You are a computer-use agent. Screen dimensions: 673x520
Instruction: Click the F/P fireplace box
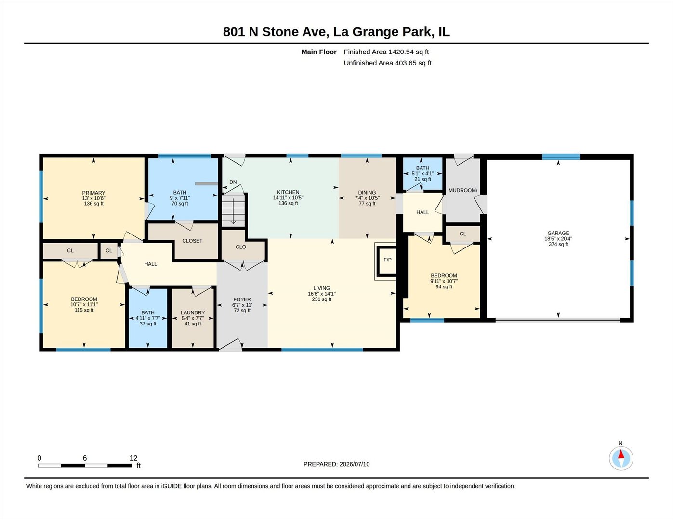click(387, 261)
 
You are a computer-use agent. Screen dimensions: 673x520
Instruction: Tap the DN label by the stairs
click(233, 182)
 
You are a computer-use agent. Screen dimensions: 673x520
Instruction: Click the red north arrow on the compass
click(620, 454)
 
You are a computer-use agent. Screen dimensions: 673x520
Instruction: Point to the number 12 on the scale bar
click(133, 458)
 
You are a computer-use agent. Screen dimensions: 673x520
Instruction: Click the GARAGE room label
click(558, 233)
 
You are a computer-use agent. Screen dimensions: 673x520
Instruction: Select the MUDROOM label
click(462, 190)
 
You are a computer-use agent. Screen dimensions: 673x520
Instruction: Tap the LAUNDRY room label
click(193, 312)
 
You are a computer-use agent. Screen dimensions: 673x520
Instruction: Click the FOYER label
click(242, 299)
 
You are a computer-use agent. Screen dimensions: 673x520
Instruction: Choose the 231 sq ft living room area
click(321, 299)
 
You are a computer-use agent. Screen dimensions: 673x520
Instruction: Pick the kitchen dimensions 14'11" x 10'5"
click(288, 198)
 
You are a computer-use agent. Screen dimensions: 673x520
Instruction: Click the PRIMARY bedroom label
click(93, 193)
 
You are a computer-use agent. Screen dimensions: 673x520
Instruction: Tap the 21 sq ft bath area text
click(423, 179)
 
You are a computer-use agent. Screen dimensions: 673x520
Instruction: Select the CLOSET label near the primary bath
click(192, 241)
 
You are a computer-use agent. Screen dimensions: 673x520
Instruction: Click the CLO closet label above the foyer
click(241, 247)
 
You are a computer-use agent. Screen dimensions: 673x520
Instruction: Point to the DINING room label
click(367, 193)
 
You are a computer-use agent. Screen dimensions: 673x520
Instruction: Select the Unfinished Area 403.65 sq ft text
click(387, 63)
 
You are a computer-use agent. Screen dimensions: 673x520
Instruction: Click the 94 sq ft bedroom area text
click(444, 286)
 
